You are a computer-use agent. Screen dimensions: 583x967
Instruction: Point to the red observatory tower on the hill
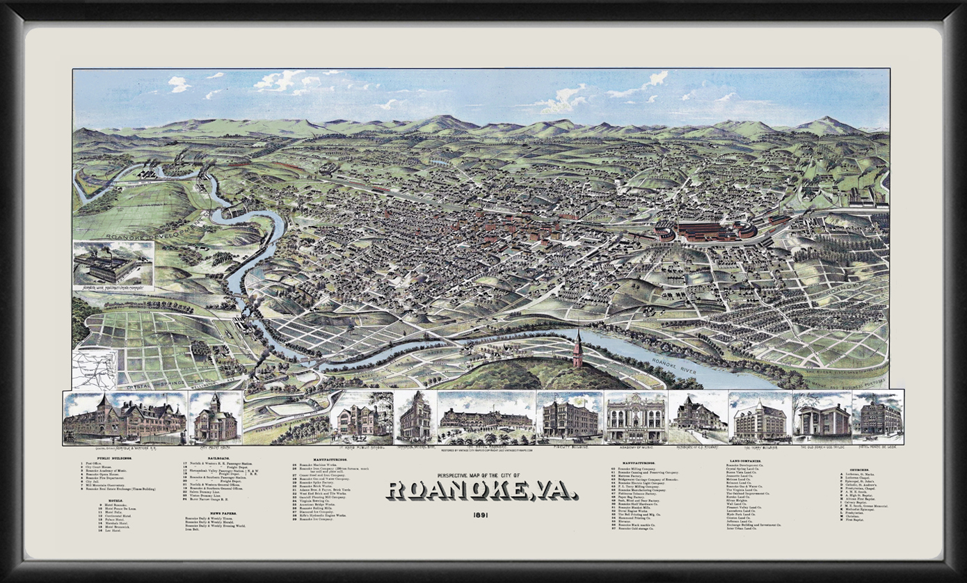click(577, 350)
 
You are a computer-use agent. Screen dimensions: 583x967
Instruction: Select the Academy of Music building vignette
click(636, 417)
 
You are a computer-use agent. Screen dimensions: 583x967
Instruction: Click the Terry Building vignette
click(760, 417)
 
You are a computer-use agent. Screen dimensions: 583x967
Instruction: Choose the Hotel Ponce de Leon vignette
click(877, 417)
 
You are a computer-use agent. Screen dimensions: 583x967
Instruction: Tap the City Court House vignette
click(215, 417)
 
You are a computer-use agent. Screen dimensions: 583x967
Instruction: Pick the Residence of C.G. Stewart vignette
click(698, 417)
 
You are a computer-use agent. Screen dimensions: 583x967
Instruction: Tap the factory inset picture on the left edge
click(113, 265)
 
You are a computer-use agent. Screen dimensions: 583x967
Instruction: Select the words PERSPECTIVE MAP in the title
click(453, 475)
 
